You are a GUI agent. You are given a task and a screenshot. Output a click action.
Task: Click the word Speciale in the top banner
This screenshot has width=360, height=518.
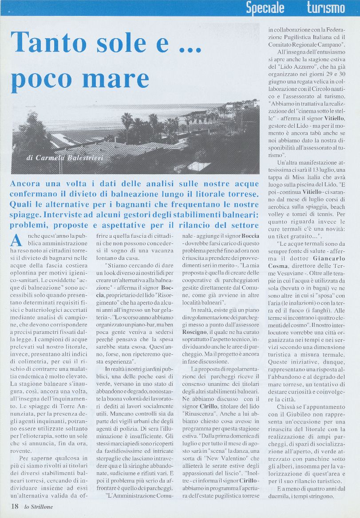point(265,8)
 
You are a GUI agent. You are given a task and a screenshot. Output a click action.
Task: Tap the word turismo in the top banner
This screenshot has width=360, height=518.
point(326,8)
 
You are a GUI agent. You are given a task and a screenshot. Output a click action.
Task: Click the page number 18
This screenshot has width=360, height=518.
point(15,507)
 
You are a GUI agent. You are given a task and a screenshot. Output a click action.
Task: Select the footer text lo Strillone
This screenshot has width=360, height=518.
point(39,507)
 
